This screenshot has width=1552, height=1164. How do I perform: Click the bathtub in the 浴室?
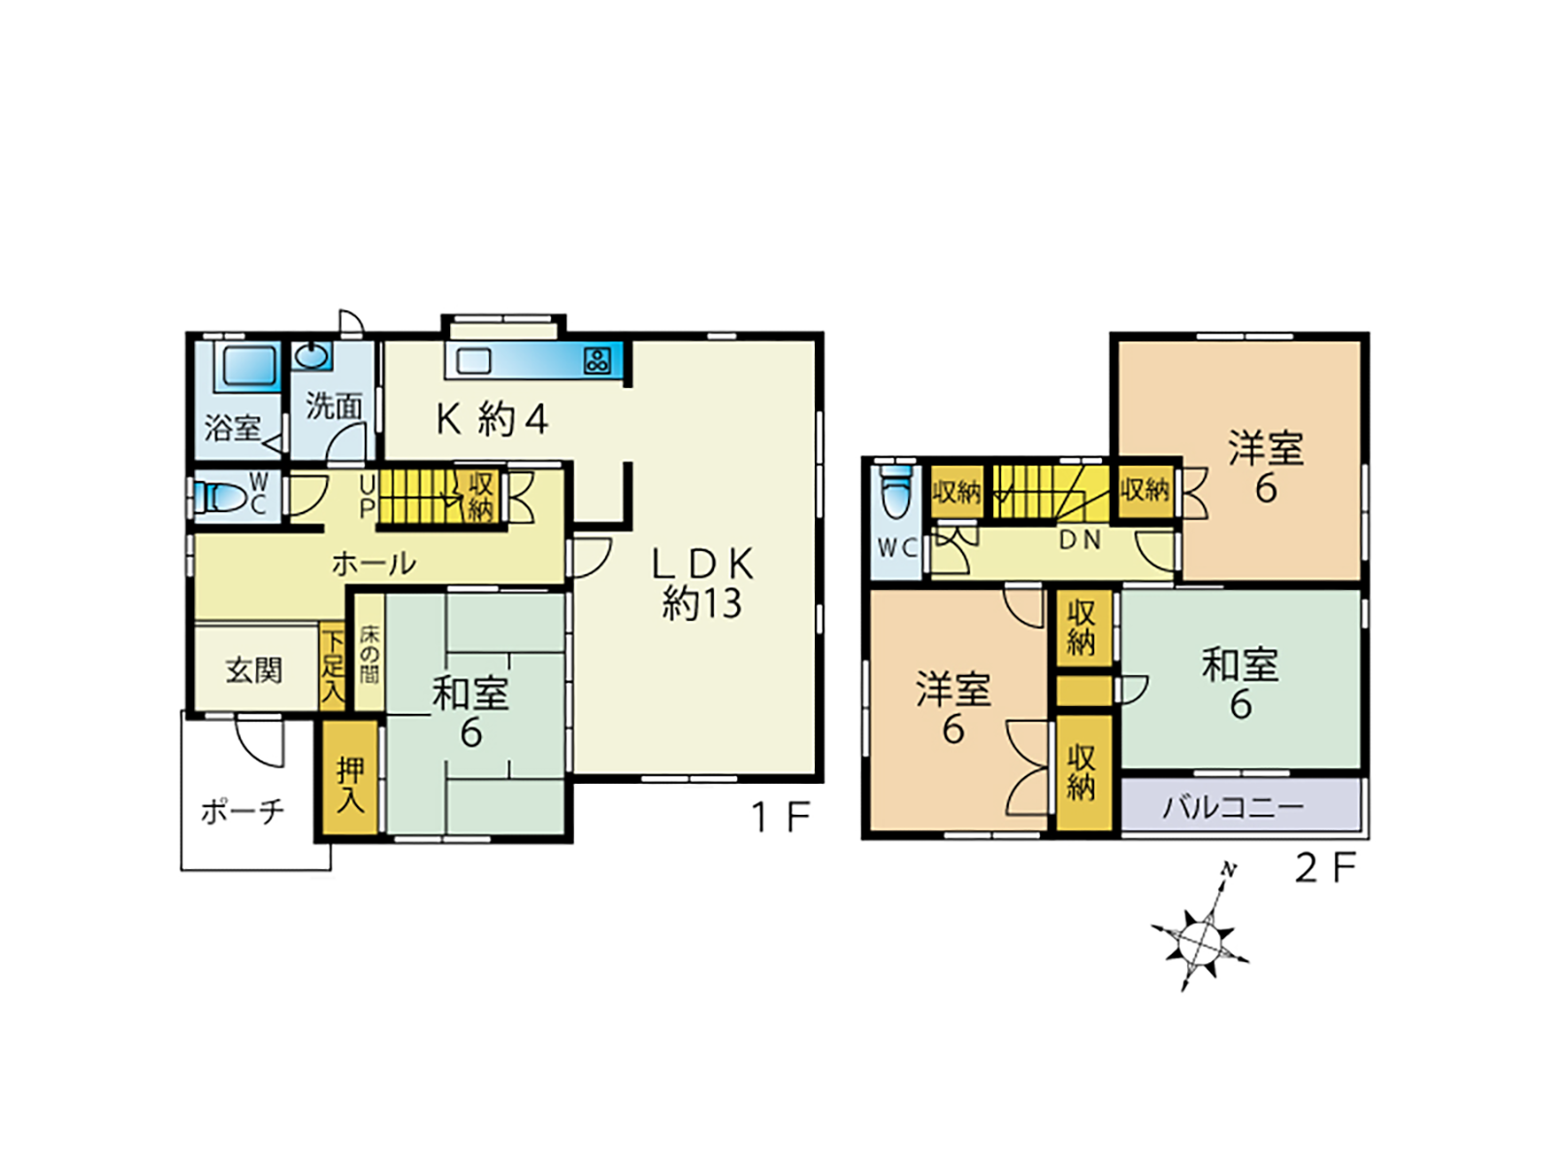click(249, 366)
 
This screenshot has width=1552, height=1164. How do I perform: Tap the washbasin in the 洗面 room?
click(311, 355)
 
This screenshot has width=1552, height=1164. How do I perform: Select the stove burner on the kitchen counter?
click(597, 361)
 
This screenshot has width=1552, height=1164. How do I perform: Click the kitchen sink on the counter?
click(473, 361)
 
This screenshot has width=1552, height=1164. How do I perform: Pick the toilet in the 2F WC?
click(896, 492)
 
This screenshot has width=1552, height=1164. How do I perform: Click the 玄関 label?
click(254, 670)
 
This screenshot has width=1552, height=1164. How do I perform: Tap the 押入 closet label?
click(350, 785)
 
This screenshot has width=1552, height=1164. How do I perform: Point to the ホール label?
click(373, 564)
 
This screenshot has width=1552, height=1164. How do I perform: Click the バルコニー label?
click(1233, 807)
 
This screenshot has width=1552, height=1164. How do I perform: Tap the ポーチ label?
click(242, 811)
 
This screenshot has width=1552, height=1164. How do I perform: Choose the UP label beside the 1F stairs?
click(368, 497)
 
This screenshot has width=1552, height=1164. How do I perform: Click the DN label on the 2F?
click(1080, 540)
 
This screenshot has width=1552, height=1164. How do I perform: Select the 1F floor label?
click(781, 818)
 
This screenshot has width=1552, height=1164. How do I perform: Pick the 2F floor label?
click(1325, 868)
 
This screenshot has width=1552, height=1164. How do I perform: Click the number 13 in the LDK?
click(722, 603)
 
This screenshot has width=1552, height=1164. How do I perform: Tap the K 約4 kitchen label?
click(492, 419)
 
